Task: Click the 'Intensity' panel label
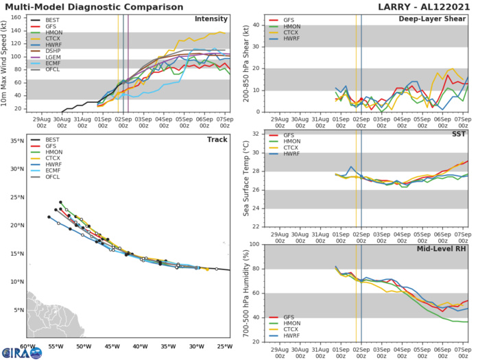coord(212,19)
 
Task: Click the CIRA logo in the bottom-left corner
coord(21,352)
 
